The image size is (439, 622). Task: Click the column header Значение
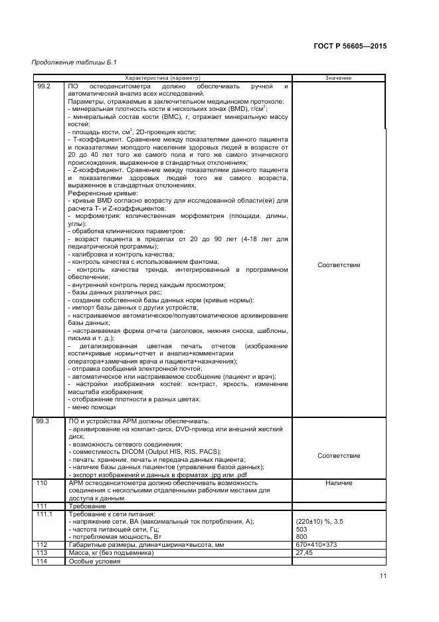(x=338, y=78)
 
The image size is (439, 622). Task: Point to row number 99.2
(x=44, y=87)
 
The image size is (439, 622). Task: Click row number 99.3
(x=44, y=422)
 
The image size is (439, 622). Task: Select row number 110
(x=43, y=482)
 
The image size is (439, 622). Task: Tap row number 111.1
(x=45, y=514)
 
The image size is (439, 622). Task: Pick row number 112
(x=43, y=544)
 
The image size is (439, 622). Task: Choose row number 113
(x=43, y=552)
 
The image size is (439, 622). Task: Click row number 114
(x=43, y=562)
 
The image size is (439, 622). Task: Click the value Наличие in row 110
(x=339, y=482)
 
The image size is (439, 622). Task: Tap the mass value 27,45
(x=304, y=552)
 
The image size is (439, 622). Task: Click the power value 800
(x=302, y=536)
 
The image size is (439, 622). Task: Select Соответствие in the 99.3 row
(x=339, y=456)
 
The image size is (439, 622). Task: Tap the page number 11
(x=383, y=576)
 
